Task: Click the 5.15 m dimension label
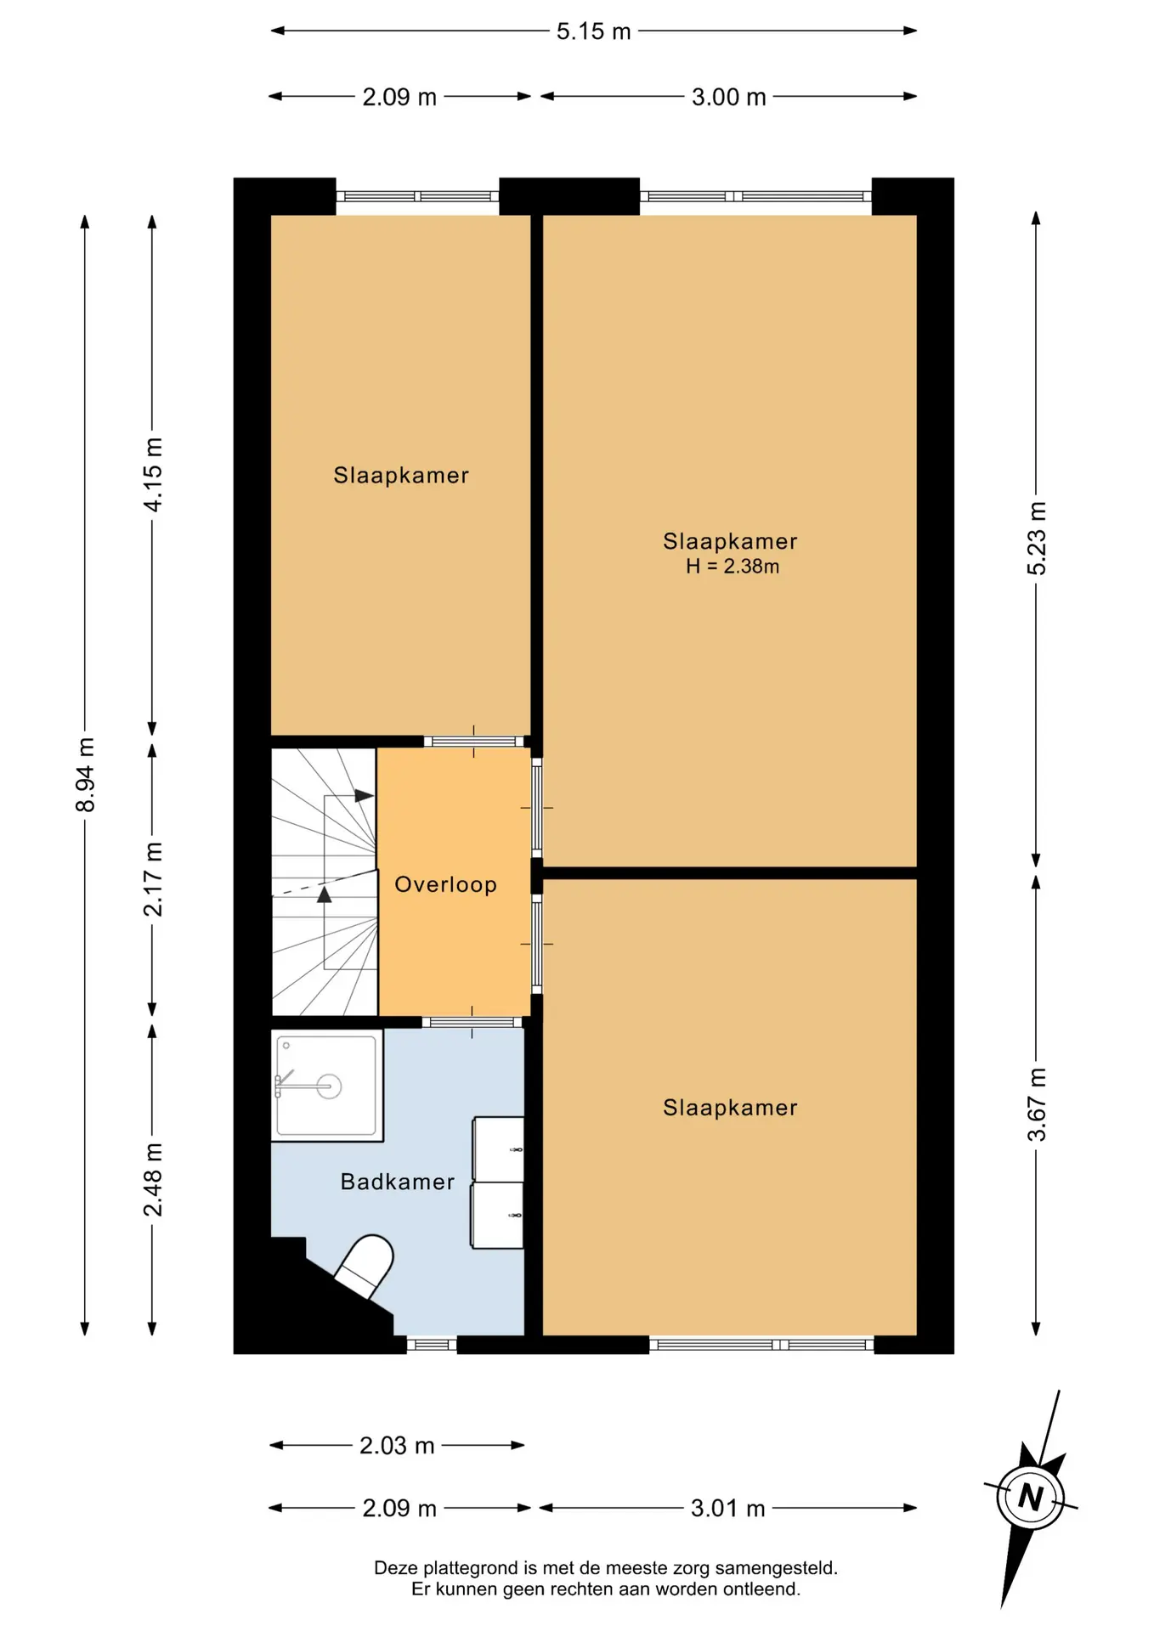[x=593, y=31]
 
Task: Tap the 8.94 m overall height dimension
[x=86, y=775]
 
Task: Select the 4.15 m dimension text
[x=153, y=475]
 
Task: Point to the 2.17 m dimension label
[x=153, y=879]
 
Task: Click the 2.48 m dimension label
[x=153, y=1179]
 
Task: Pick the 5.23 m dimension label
[x=1037, y=539]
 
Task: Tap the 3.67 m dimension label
[x=1037, y=1105]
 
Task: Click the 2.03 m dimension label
[x=397, y=1446]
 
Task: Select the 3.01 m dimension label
[x=728, y=1509]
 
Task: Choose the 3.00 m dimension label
[x=729, y=97]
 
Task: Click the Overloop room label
[x=446, y=884]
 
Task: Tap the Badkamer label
[x=398, y=1182]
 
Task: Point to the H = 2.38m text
[x=733, y=567]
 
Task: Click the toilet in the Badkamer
[x=364, y=1266]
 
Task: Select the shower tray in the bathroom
[x=327, y=1086]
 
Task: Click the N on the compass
[x=1031, y=1496]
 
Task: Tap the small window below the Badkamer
[x=432, y=1345]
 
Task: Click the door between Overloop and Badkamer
[x=472, y=1022]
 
